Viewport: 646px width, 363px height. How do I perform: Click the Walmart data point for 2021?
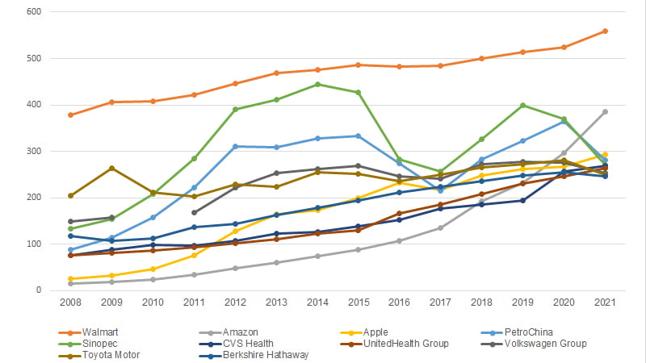605,31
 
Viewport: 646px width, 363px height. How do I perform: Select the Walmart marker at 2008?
71,115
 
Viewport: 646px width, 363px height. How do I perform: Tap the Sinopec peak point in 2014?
317,84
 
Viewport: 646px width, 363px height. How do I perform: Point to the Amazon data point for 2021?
605,112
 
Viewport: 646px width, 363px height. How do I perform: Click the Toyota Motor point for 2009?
112,168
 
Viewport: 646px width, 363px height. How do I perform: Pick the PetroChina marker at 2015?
359,136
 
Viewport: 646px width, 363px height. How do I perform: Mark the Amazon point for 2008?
71,283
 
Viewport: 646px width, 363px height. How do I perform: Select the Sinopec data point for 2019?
522,106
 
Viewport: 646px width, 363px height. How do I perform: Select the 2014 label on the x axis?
317,302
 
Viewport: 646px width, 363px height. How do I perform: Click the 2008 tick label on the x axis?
71,302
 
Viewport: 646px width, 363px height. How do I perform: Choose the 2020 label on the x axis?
564,302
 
